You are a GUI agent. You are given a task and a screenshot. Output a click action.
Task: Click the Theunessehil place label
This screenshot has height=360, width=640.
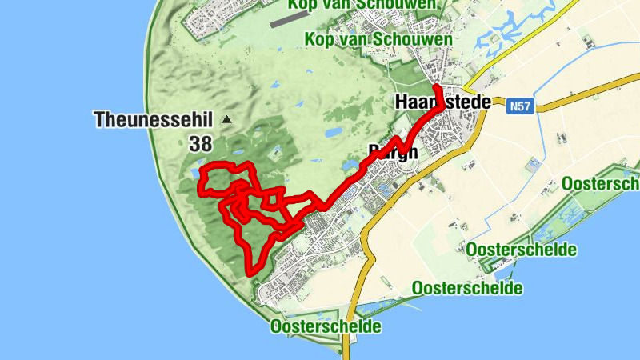click(x=153, y=120)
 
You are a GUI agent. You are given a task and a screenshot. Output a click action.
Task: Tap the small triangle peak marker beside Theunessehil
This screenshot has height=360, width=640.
click(x=226, y=120)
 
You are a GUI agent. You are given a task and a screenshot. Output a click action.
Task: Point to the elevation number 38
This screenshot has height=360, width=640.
click(x=201, y=144)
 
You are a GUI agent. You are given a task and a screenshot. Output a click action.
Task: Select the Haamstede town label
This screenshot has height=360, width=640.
click(x=442, y=102)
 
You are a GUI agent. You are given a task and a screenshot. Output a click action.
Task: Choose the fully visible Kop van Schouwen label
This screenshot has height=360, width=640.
click(x=378, y=39)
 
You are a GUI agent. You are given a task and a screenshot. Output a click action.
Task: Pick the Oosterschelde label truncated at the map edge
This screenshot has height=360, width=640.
click(x=600, y=184)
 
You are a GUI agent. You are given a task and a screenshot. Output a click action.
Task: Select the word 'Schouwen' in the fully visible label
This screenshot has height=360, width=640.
click(x=424, y=39)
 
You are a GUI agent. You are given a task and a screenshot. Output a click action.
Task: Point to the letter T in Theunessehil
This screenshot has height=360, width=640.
click(x=99, y=120)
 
